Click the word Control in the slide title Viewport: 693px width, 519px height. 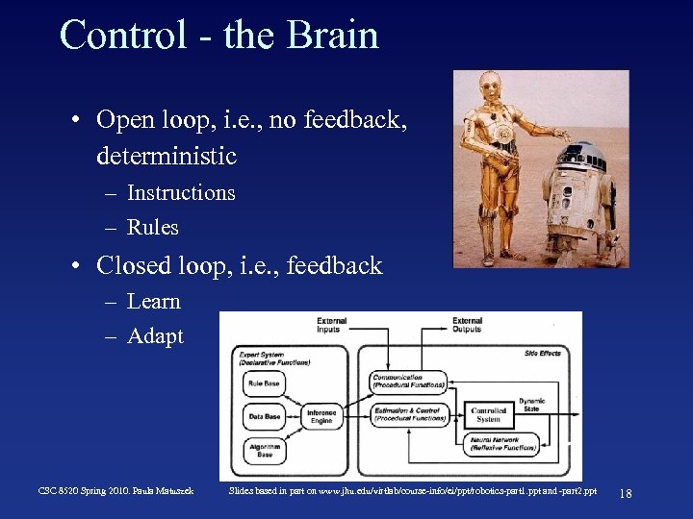122,36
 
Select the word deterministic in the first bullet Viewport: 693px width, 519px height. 167,155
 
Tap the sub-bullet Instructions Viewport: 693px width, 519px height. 181,192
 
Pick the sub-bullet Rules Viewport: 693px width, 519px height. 153,228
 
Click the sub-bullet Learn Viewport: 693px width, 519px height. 154,301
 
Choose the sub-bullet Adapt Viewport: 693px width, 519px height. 155,336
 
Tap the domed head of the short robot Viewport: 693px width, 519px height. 578,154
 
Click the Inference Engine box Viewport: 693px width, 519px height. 321,416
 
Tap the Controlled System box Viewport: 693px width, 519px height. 489,415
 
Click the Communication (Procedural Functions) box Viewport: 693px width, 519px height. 407,382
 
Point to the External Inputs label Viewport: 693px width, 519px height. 332,326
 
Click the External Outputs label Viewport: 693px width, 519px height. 467,326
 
